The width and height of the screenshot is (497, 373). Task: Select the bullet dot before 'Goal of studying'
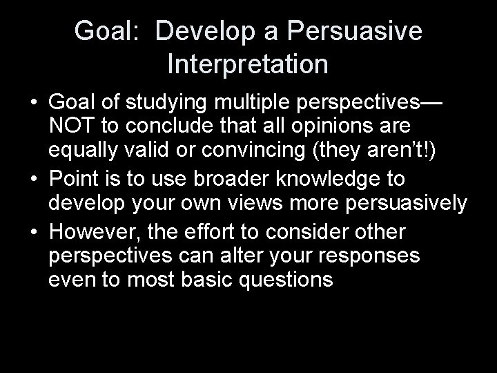tap(34, 104)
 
